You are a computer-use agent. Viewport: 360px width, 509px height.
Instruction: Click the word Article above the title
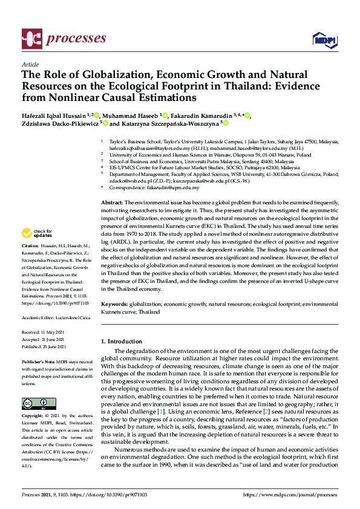(x=30, y=63)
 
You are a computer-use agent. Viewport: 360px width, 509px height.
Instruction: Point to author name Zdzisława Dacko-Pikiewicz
(x=61, y=123)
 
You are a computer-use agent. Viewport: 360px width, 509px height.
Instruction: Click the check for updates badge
(x=38, y=233)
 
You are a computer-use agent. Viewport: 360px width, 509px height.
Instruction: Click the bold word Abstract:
(x=112, y=202)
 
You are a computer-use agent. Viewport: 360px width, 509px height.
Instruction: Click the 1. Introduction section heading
(x=125, y=342)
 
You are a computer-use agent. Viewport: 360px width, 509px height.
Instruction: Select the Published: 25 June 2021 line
(x=46, y=348)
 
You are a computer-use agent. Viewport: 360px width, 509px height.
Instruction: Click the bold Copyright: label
(x=34, y=417)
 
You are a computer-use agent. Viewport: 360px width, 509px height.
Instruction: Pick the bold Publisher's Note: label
(x=39, y=361)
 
